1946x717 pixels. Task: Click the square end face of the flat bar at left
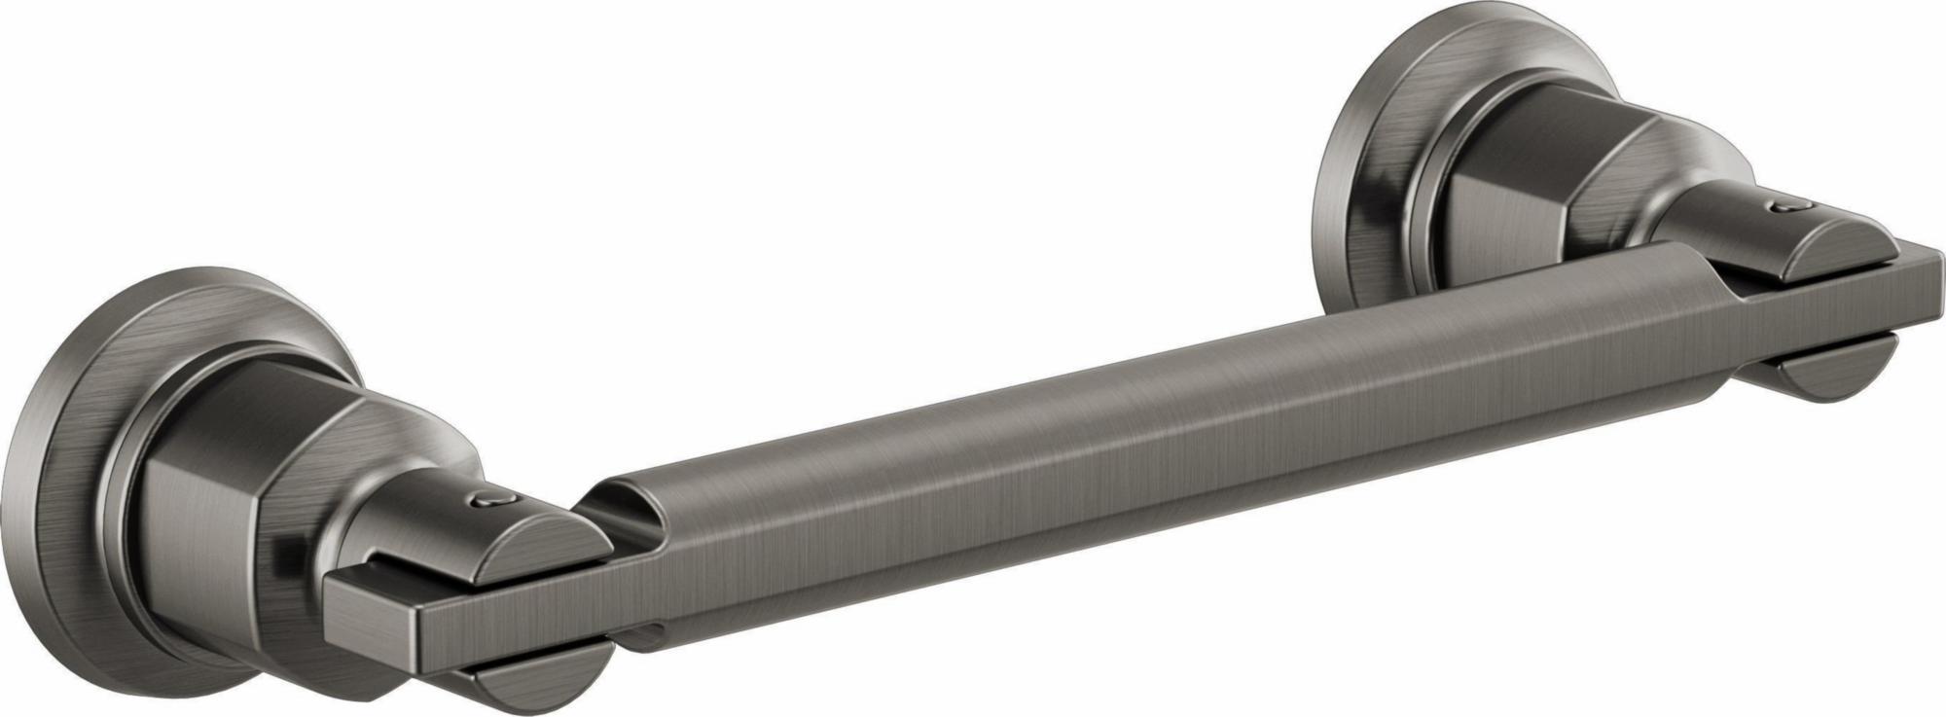point(375,624)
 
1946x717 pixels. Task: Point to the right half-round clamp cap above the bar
point(1829,248)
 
